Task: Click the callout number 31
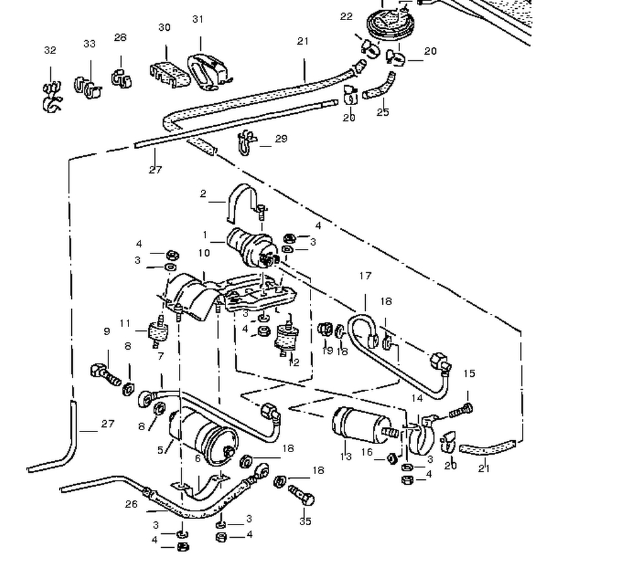coord(198,19)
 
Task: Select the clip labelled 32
coord(50,97)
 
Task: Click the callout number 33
coord(89,44)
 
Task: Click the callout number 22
coord(346,17)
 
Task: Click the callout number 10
coord(203,253)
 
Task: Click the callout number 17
coord(365,275)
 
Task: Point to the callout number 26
coord(131,504)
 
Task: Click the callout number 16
coord(367,452)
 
